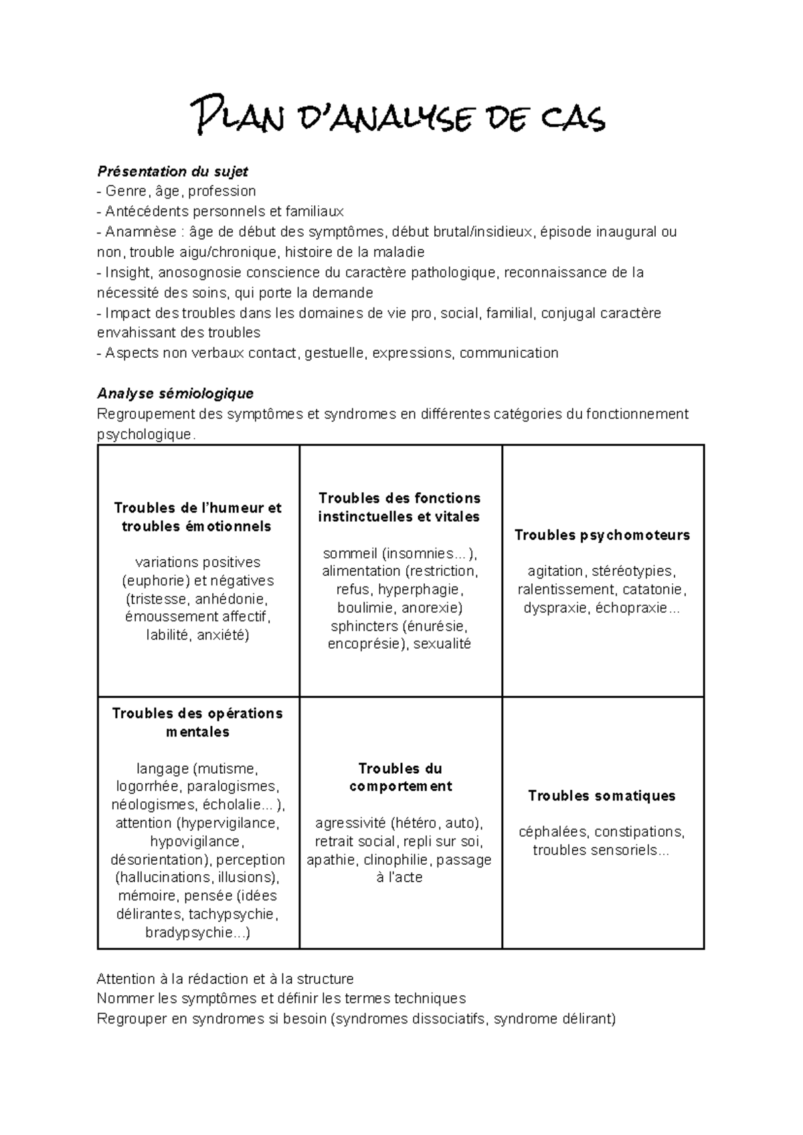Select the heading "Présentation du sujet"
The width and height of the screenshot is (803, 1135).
pyautogui.click(x=173, y=171)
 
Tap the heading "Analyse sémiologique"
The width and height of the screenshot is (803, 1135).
pyautogui.click(x=175, y=393)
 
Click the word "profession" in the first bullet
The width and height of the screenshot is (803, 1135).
pyautogui.click(x=221, y=191)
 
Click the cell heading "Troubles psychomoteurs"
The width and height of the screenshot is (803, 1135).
pyautogui.click(x=602, y=535)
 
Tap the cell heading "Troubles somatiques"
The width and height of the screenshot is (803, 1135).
pyautogui.click(x=602, y=796)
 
